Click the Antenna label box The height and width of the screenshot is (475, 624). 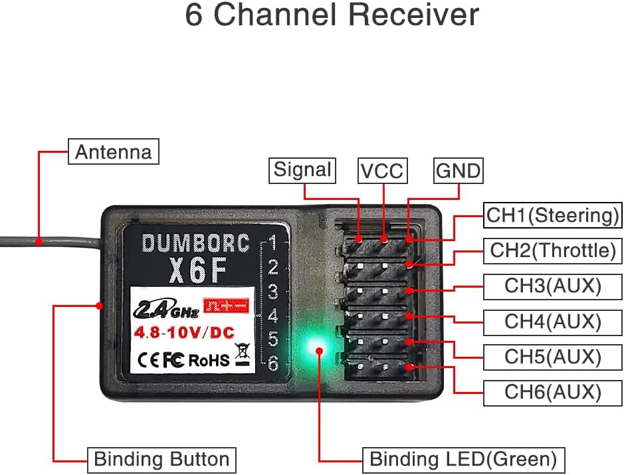pyautogui.click(x=114, y=151)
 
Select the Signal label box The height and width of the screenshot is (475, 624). pyautogui.click(x=302, y=170)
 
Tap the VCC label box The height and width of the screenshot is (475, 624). pyautogui.click(x=381, y=171)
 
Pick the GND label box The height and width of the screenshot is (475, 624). pyautogui.click(x=458, y=171)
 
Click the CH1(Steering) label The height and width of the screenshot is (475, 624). pyautogui.click(x=552, y=215)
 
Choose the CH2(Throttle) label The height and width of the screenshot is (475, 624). pyautogui.click(x=552, y=250)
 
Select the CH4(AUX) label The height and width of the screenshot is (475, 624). pyautogui.click(x=552, y=322)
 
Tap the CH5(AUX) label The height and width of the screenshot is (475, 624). pyautogui.click(x=552, y=357)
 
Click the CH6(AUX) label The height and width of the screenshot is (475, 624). pyautogui.click(x=552, y=392)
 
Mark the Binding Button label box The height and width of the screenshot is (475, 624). pyautogui.click(x=161, y=459)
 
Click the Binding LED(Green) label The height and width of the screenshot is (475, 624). pyautogui.click(x=463, y=459)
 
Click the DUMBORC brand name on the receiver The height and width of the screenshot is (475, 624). pyautogui.click(x=195, y=244)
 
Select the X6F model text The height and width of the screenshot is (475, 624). pyautogui.click(x=195, y=270)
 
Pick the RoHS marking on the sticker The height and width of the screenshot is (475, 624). pyautogui.click(x=209, y=360)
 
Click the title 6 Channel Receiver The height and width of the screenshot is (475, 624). pyautogui.click(x=332, y=15)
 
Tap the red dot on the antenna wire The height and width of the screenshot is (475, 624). pyautogui.click(x=39, y=242)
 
